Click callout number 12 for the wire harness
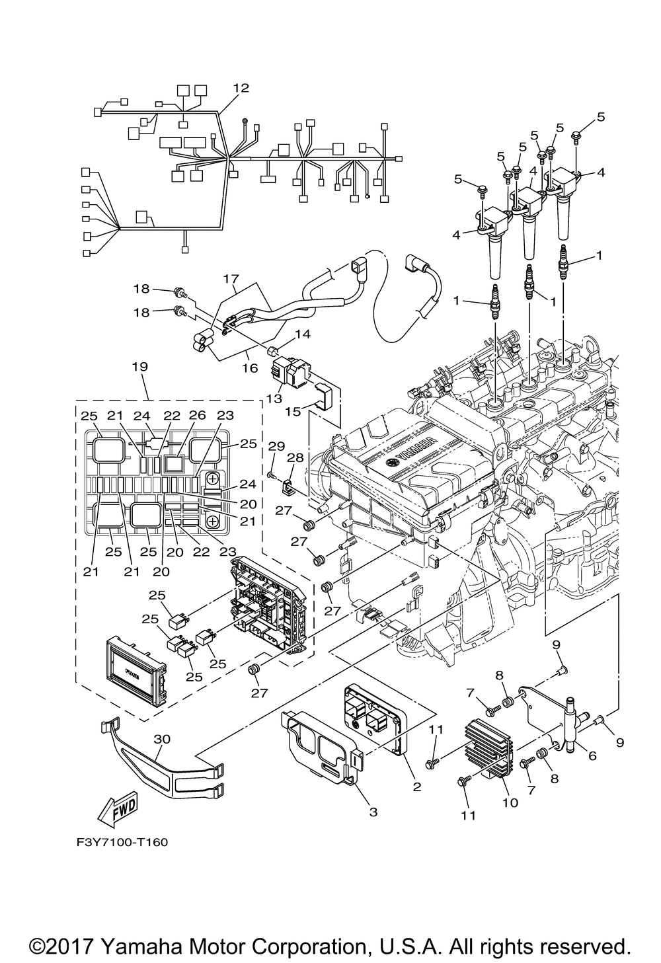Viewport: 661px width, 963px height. (241, 88)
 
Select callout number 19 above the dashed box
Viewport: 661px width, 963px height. (140, 367)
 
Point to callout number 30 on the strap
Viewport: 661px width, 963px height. (162, 738)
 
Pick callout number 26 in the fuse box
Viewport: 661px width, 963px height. (198, 415)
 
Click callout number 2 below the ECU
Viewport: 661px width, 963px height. (416, 787)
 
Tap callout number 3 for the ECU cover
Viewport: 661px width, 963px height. (373, 812)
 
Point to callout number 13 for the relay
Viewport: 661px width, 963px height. (274, 398)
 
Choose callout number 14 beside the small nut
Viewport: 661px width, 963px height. (302, 334)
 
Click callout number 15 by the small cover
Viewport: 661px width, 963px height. (293, 411)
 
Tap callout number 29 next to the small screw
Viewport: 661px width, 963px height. (276, 446)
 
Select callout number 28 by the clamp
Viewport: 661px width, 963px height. (295, 457)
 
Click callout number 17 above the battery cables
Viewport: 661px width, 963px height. (231, 279)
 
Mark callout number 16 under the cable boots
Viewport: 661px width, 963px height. (251, 368)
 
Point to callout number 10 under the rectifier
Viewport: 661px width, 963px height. (510, 802)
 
